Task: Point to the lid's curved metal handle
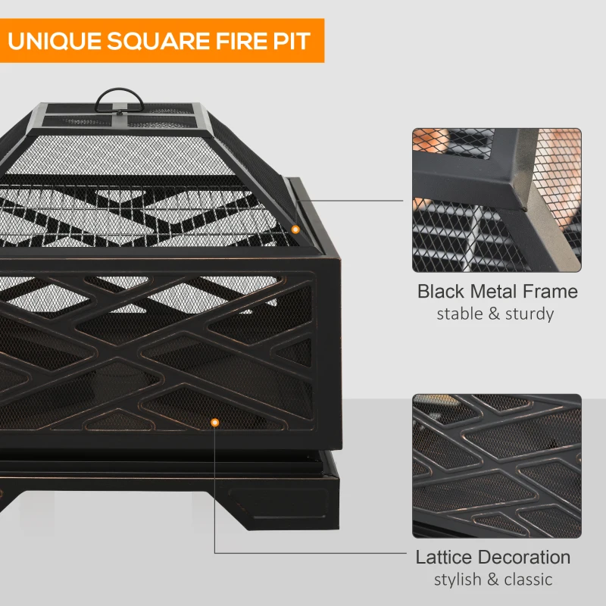coord(120,98)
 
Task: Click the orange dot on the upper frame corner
coord(295,229)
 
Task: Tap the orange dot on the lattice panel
coord(215,422)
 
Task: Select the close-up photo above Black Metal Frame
coord(496,200)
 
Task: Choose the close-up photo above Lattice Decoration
coord(496,465)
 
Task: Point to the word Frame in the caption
coord(549,292)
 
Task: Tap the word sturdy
coord(528,314)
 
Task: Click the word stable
coord(459,314)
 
